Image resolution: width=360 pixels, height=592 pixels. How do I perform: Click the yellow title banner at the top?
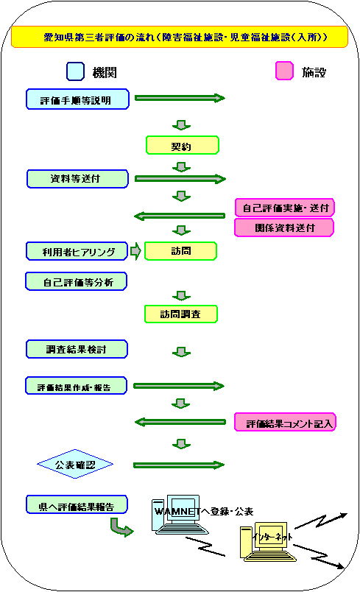[x=179, y=37]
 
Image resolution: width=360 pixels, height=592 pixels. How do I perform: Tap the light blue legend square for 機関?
[x=76, y=71]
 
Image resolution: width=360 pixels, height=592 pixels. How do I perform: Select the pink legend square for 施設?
[x=284, y=71]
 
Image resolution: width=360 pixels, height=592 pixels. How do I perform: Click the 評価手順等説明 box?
[x=78, y=99]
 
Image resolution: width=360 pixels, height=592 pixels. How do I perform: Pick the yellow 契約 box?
[x=183, y=145]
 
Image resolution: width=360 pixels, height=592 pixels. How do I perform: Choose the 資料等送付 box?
[x=78, y=179]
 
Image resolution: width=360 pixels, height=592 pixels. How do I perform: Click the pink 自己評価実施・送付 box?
[x=284, y=208]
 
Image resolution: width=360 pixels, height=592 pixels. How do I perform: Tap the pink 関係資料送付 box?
[x=284, y=228]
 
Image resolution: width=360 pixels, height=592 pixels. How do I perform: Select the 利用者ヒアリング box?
[x=77, y=251]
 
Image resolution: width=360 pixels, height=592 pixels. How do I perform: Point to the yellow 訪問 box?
[x=181, y=251]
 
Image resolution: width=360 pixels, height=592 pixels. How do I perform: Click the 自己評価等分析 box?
[x=77, y=282]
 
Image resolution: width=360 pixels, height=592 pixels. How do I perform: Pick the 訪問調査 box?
[x=181, y=314]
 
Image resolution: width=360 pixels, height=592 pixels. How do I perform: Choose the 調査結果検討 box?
[x=77, y=349]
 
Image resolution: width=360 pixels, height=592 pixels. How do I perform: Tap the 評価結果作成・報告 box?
[x=77, y=386]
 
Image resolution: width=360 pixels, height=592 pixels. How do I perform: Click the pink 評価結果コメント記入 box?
[x=285, y=422]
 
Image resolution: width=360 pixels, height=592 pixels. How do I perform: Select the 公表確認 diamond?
[x=75, y=464]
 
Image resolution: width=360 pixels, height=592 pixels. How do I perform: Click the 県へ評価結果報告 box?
[x=77, y=505]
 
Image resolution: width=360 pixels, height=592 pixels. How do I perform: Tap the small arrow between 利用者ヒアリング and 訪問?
[x=135, y=251]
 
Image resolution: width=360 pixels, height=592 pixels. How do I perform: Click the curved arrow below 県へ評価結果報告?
[x=121, y=528]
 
